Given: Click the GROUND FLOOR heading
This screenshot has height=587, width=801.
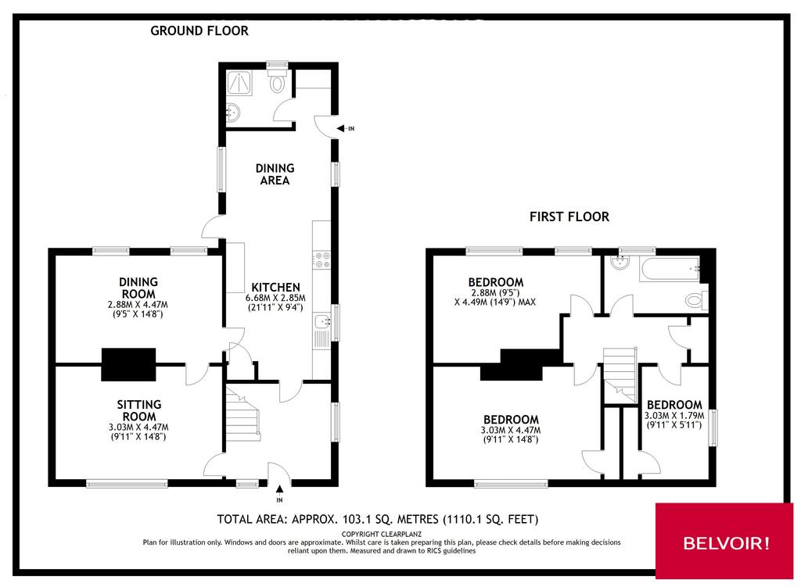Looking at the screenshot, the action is [x=199, y=30].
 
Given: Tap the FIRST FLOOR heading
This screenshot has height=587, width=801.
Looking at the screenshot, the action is [x=569, y=217].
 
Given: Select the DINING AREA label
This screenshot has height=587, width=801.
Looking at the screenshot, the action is [x=275, y=174].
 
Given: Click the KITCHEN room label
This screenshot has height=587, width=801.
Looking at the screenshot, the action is [x=275, y=288].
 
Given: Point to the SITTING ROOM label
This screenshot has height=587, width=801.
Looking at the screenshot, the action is [x=139, y=410].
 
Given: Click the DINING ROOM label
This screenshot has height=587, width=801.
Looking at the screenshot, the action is [x=138, y=288].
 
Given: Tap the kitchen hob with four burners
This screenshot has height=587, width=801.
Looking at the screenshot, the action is [x=321, y=259].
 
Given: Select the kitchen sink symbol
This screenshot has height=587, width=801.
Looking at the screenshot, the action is [x=321, y=322].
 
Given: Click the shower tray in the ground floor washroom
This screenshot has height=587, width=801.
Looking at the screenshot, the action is [x=239, y=83].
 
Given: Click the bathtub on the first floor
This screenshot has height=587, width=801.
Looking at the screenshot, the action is [x=670, y=269].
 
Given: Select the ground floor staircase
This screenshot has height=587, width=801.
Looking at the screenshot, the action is [x=242, y=414].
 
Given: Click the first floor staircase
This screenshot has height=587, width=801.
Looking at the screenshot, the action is [x=620, y=374].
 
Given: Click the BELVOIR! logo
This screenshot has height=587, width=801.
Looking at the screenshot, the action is [x=726, y=543].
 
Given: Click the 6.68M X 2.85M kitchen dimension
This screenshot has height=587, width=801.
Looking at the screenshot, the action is [x=275, y=298].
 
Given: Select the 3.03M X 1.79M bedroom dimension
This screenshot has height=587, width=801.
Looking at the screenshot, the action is [x=674, y=416].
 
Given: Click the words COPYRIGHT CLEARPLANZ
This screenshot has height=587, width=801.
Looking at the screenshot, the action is [x=382, y=535].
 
